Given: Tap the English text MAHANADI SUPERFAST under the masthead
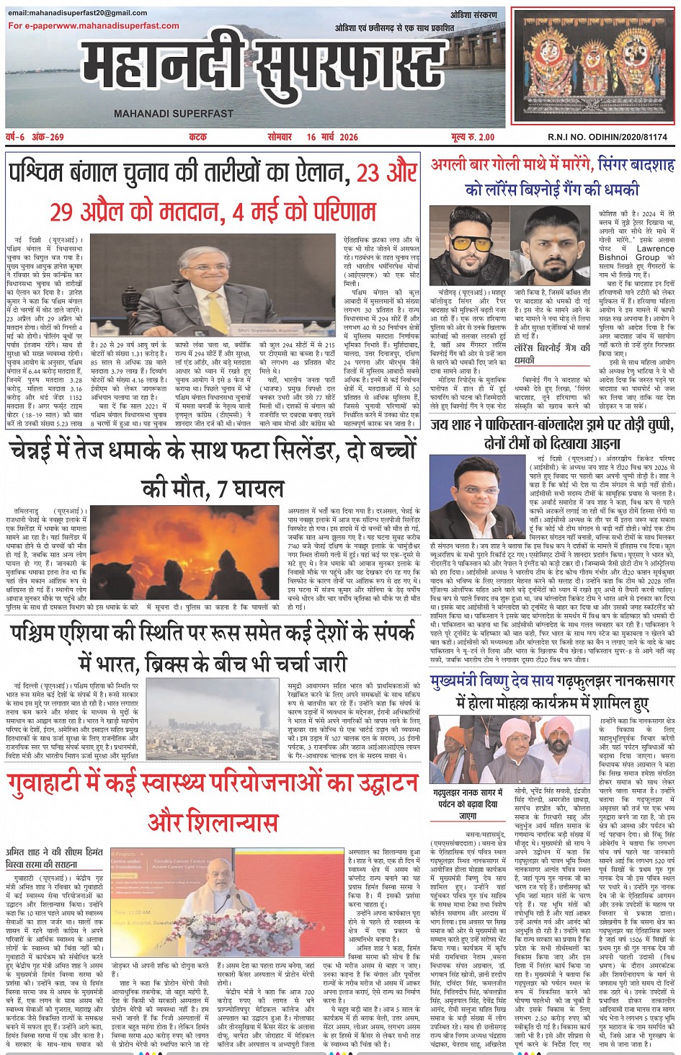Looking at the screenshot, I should click(174, 114).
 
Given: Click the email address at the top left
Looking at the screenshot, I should click(78, 13).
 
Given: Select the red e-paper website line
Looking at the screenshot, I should click(94, 26).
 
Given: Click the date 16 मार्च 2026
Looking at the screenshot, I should click(331, 137).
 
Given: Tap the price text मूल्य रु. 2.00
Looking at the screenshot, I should click(473, 137).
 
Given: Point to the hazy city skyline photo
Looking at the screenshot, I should click(215, 716).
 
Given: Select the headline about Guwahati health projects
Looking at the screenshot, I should click(213, 801).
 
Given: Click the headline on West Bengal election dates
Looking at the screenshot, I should click(213, 192).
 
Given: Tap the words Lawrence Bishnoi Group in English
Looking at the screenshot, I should click(637, 253).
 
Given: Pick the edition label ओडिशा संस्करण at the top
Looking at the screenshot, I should click(473, 15).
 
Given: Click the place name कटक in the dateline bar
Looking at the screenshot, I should click(197, 137).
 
